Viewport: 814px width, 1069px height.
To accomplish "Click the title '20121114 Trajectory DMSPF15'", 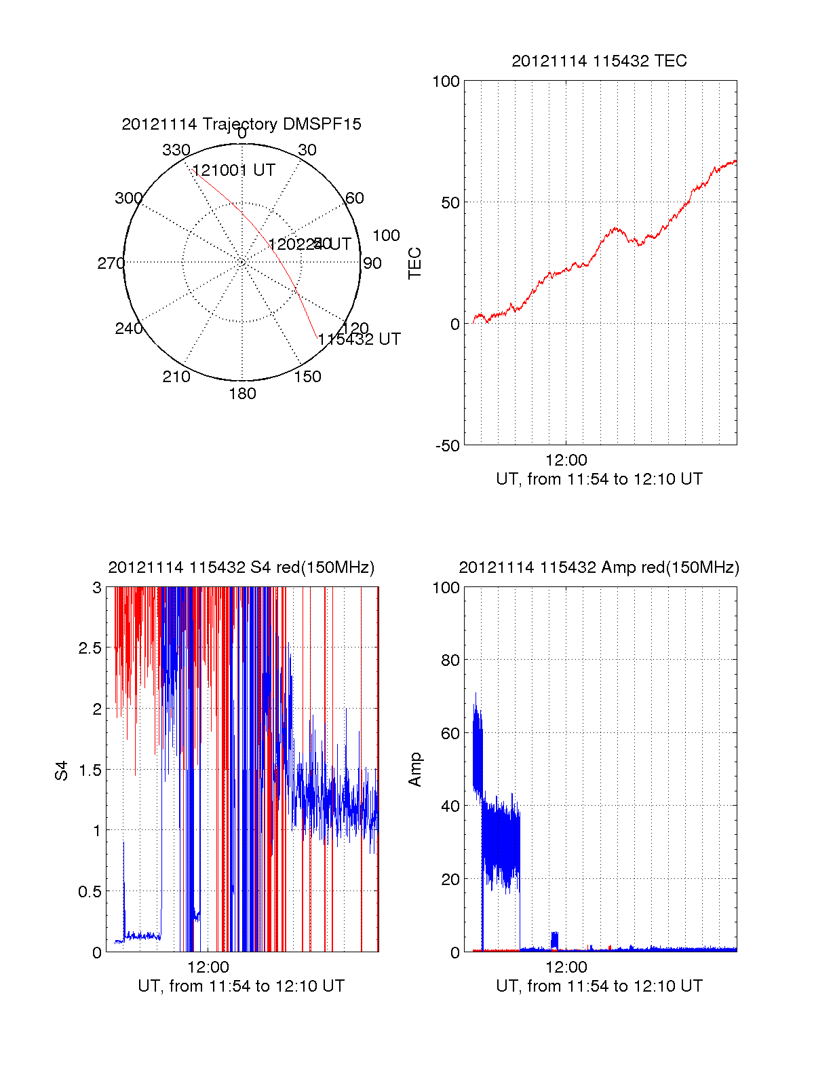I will click(241, 124).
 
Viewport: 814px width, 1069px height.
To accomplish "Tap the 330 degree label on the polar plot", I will click(176, 150).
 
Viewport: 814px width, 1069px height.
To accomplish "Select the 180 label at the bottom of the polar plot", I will click(242, 394).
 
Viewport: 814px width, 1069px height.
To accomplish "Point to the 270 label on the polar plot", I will click(111, 263).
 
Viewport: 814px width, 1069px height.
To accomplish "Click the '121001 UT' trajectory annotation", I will click(234, 170).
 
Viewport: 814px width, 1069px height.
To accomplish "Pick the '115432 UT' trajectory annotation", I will click(360, 339).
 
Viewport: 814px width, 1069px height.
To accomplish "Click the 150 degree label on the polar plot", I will click(307, 377).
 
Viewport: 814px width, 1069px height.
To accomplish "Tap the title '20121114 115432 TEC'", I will click(599, 61).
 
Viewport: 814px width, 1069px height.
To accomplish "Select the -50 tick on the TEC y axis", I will click(448, 446).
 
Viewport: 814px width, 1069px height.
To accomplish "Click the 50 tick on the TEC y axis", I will click(450, 203).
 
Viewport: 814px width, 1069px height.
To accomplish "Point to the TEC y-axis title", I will click(414, 263).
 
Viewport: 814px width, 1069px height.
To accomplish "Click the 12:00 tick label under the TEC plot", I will click(566, 461).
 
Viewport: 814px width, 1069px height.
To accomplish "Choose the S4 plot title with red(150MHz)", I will click(241, 567).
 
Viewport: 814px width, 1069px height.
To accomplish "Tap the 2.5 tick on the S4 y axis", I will click(90, 648).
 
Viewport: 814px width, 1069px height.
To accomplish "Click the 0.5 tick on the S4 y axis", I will click(90, 892).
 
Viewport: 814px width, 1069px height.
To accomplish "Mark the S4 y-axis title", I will click(62, 770).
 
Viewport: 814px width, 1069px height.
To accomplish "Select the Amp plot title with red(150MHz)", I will click(599, 567).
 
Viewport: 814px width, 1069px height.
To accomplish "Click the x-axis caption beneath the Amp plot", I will click(599, 986).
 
